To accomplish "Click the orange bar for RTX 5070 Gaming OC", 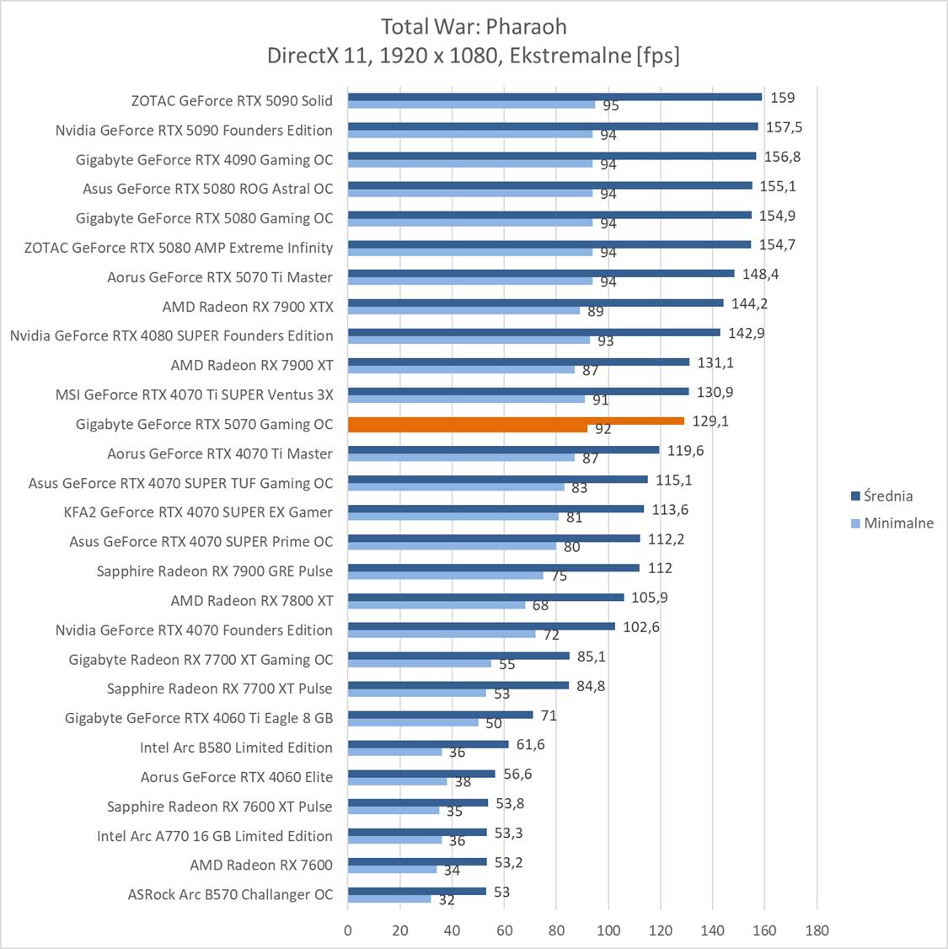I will pos(516,421).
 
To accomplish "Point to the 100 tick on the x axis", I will pos(608,930).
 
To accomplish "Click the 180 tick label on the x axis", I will pos(817,930).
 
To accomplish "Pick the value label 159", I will pos(782,98).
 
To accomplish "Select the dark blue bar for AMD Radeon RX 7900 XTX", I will pos(535,303).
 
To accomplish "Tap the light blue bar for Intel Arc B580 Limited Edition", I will pos(394,752).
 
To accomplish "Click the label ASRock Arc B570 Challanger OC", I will pos(230,894).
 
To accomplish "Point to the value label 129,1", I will pos(711,421).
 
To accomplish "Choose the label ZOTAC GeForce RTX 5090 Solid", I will pos(232,100).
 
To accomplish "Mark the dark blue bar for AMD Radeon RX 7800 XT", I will pos(485,597).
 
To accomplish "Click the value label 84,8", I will pos(591,685).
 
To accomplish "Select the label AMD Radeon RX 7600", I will pos(261,865).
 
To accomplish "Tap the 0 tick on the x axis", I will pos(348,930).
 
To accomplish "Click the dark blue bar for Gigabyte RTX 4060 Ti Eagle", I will pos(440,715).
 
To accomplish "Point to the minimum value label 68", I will pos(540,606).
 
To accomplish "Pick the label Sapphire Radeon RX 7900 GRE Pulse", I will pos(215,571).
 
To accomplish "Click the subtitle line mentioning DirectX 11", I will pos(474,56).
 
